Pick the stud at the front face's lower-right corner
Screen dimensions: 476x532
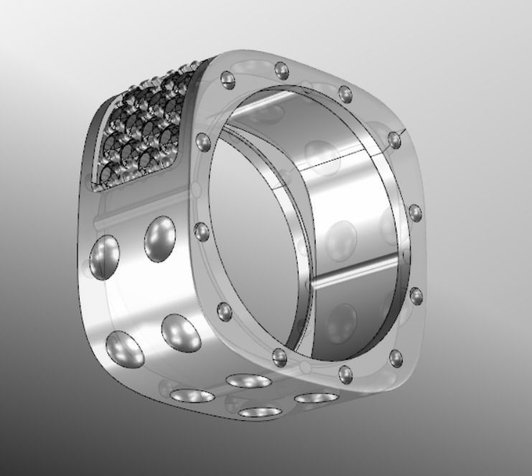coord(393,356)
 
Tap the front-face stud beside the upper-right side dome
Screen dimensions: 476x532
coord(202,230)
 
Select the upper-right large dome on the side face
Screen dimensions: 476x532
coord(161,241)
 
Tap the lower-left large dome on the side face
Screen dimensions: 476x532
coord(124,350)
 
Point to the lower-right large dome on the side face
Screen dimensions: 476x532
coord(180,333)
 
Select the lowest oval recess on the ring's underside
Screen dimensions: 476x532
coord(260,413)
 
